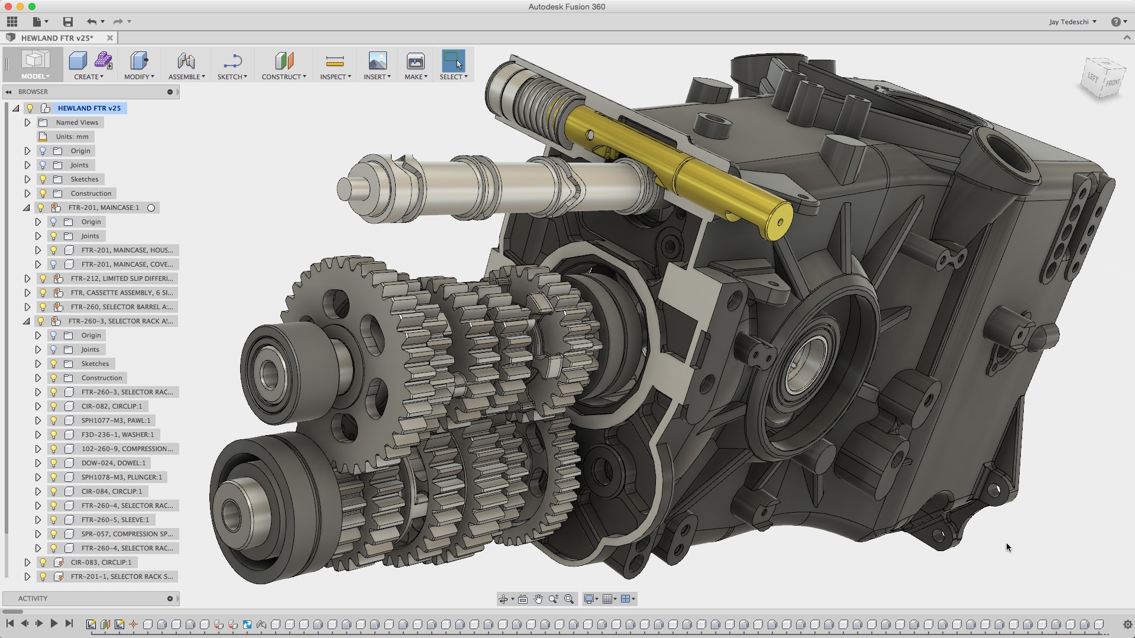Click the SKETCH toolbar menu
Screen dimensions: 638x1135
point(232,66)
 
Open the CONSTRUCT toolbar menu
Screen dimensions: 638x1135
point(284,66)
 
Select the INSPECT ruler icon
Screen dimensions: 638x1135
point(335,61)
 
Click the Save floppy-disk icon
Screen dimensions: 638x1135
point(68,22)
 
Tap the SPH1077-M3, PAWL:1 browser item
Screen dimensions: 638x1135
point(116,420)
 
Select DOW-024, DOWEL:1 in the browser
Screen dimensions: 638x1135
point(114,463)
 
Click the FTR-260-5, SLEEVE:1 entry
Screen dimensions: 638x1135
point(115,520)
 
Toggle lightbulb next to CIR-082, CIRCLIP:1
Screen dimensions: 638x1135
point(54,406)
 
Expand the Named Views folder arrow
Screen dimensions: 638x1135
point(27,122)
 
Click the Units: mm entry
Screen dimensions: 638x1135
point(72,137)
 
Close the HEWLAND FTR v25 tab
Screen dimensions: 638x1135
point(109,38)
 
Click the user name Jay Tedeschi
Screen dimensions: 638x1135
point(1069,22)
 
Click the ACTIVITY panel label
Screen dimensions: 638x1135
point(33,598)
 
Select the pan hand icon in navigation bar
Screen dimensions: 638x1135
point(538,599)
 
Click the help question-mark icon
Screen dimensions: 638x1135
point(1115,22)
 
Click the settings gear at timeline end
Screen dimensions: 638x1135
point(1127,624)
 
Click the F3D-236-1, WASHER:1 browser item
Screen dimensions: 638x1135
point(118,435)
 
